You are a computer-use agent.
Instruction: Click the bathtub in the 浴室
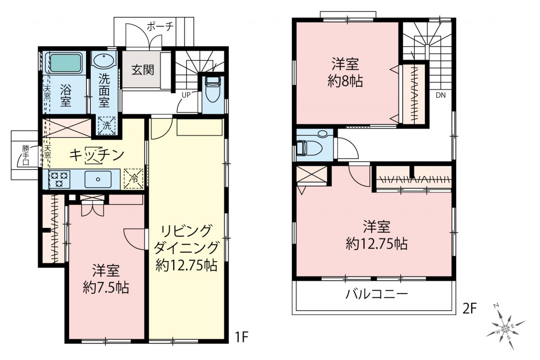[65, 63]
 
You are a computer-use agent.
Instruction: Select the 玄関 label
[143, 70]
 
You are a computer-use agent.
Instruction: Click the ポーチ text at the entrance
[160, 27]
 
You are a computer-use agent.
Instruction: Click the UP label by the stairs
[186, 95]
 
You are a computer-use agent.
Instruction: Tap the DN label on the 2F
[441, 95]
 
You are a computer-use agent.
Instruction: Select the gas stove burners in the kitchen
[59, 179]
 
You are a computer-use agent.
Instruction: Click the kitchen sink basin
[98, 179]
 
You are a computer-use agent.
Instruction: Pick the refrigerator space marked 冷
[133, 179]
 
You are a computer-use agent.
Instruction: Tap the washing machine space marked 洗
[107, 126]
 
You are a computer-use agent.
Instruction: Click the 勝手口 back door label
[26, 155]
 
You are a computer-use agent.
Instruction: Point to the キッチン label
[97, 155]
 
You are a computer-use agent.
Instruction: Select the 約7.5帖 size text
[106, 287]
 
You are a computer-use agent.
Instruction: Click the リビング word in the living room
[186, 231]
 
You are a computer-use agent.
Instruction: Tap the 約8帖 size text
[345, 81]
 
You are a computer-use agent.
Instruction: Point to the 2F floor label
[470, 309]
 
